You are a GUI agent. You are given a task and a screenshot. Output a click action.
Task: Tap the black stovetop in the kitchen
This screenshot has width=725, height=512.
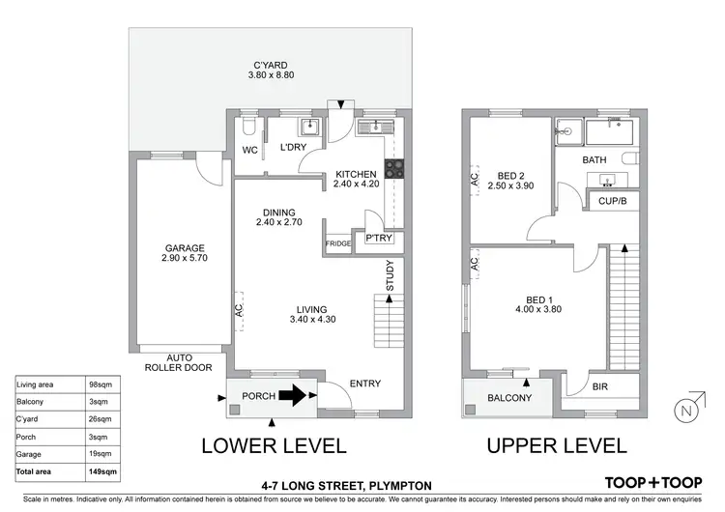[x=394, y=169]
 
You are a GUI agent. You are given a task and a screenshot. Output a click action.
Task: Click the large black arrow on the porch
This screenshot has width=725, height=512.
[x=292, y=395]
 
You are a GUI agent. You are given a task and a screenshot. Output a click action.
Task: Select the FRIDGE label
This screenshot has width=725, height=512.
[x=338, y=243]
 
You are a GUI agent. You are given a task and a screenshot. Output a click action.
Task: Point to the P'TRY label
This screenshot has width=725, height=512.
[x=379, y=238]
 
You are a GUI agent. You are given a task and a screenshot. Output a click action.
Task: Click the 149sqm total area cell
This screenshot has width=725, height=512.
[x=102, y=471]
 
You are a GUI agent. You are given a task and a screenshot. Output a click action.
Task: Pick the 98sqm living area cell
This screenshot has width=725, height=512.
[x=101, y=384]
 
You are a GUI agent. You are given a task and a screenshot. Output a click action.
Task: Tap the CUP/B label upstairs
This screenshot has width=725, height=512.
[x=612, y=201]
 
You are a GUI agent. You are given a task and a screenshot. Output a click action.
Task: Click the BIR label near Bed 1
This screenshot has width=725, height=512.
[x=600, y=386]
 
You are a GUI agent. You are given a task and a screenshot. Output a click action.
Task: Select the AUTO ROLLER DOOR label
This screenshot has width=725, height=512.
[x=179, y=362]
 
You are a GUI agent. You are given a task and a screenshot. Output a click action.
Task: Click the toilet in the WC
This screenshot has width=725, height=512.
[x=247, y=126]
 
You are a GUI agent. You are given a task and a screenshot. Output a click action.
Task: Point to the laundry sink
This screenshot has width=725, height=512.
[x=309, y=127]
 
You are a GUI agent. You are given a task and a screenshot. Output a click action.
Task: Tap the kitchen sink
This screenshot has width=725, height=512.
[x=376, y=127]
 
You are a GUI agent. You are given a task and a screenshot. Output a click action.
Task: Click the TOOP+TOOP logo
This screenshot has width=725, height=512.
[x=653, y=483]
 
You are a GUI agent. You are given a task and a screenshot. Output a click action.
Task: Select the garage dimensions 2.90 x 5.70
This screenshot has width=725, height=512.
[x=185, y=258]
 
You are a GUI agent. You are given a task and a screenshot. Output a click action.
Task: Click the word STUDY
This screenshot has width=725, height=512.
[x=390, y=275]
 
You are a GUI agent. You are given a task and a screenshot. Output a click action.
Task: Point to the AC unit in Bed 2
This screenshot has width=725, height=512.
[x=475, y=180]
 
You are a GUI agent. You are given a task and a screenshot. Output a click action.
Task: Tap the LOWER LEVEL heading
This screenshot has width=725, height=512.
[x=274, y=446]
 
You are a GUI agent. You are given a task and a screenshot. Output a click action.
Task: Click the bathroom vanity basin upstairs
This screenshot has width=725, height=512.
[x=607, y=180]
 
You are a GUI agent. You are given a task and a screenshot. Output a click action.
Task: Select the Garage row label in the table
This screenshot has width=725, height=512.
[x=29, y=454]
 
